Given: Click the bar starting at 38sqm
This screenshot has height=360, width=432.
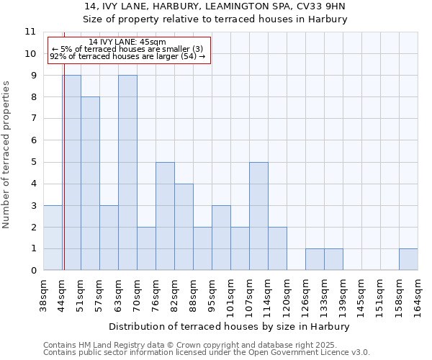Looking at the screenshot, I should coord(53,238).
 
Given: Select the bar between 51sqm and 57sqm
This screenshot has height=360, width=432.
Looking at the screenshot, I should coord(90,184).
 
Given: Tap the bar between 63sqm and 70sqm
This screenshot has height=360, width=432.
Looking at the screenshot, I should coord(127,173).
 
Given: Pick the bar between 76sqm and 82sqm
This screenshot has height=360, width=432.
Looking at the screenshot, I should coord(165,216).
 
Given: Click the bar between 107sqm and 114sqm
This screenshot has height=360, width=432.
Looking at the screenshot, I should coord(258,216).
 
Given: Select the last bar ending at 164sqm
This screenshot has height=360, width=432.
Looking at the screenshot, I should coord(408,259).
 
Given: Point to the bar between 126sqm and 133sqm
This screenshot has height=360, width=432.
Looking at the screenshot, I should coord(315,259).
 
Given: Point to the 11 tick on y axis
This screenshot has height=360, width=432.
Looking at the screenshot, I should coord(30,32).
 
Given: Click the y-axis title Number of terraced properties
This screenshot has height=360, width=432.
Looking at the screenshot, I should coord(7,154).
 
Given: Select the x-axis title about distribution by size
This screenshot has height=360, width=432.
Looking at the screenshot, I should coord(228,326).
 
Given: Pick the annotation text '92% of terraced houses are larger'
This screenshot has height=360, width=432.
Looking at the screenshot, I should coord(127,56).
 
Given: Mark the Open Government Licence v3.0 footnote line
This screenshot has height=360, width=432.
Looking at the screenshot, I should coord(206,353).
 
